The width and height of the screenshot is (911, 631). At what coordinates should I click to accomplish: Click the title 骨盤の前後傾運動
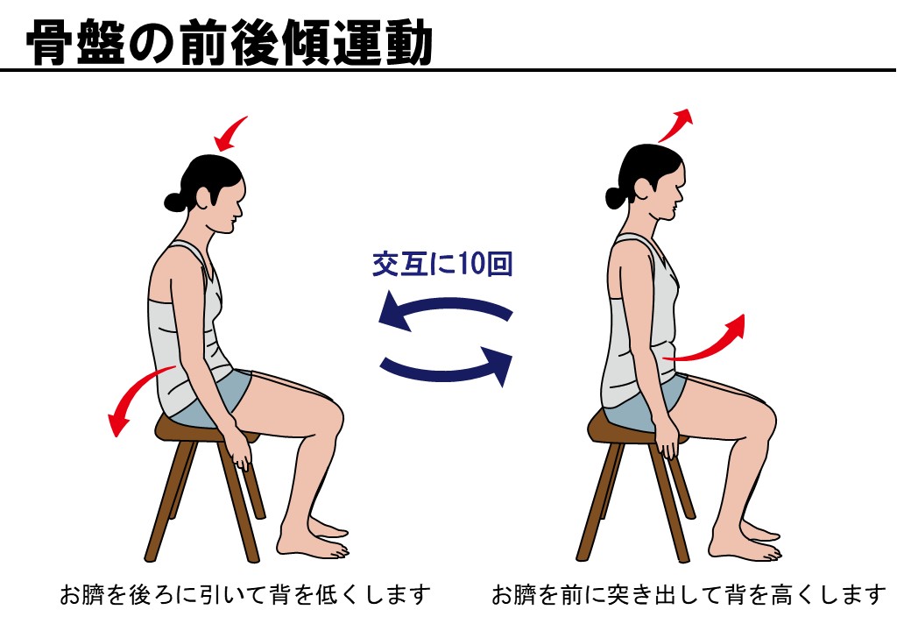tap(229, 43)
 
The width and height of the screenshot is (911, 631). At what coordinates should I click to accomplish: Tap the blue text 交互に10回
tap(442, 265)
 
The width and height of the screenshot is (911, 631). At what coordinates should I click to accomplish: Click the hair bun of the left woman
tap(175, 202)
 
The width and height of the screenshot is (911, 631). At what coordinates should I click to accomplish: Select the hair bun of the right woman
tap(616, 197)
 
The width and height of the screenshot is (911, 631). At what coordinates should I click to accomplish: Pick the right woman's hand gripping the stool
tap(668, 443)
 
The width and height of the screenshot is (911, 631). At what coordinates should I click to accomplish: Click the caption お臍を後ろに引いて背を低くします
tap(245, 594)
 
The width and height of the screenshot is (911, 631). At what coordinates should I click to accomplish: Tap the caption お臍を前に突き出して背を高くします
tap(689, 594)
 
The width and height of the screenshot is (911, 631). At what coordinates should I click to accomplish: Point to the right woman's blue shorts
tap(656, 401)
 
